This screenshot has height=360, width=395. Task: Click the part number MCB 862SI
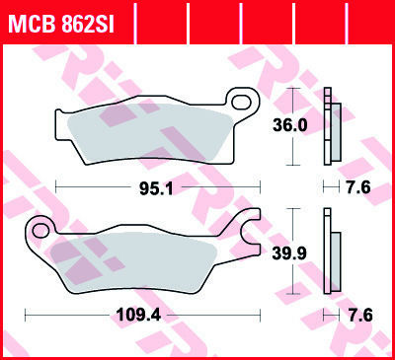(x=61, y=23)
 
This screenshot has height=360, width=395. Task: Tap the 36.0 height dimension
(x=290, y=125)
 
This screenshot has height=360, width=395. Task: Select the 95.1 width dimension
(x=156, y=188)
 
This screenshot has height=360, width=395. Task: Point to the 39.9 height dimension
(x=289, y=253)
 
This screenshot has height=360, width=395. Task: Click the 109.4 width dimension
(x=139, y=316)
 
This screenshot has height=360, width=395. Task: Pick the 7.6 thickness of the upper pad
(x=358, y=187)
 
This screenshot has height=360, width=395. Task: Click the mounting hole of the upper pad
(x=241, y=103)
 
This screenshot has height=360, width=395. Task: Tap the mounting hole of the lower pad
(x=40, y=231)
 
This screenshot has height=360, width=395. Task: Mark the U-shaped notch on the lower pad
(x=249, y=232)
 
